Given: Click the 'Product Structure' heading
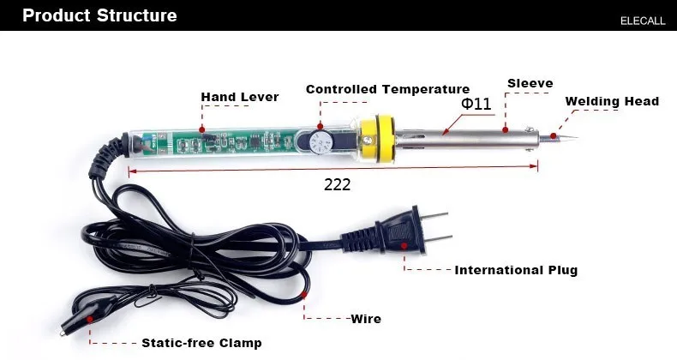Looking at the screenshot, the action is [99, 15].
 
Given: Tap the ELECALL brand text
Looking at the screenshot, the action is [642, 21].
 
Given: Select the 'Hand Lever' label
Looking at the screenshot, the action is [240, 97].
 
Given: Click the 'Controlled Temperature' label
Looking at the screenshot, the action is [387, 89].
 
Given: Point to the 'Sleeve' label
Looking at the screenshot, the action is [530, 83].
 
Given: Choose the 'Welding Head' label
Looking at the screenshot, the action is [612, 101].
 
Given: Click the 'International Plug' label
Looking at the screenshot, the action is [516, 270].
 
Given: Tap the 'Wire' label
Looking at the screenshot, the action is [366, 319].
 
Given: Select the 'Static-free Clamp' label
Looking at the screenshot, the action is [201, 343].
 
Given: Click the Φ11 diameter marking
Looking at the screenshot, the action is [476, 104].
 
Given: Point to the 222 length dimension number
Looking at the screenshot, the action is [337, 183].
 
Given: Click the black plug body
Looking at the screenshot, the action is [402, 232].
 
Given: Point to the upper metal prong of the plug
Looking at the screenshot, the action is [438, 215].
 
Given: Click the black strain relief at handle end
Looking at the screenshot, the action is [109, 152].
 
